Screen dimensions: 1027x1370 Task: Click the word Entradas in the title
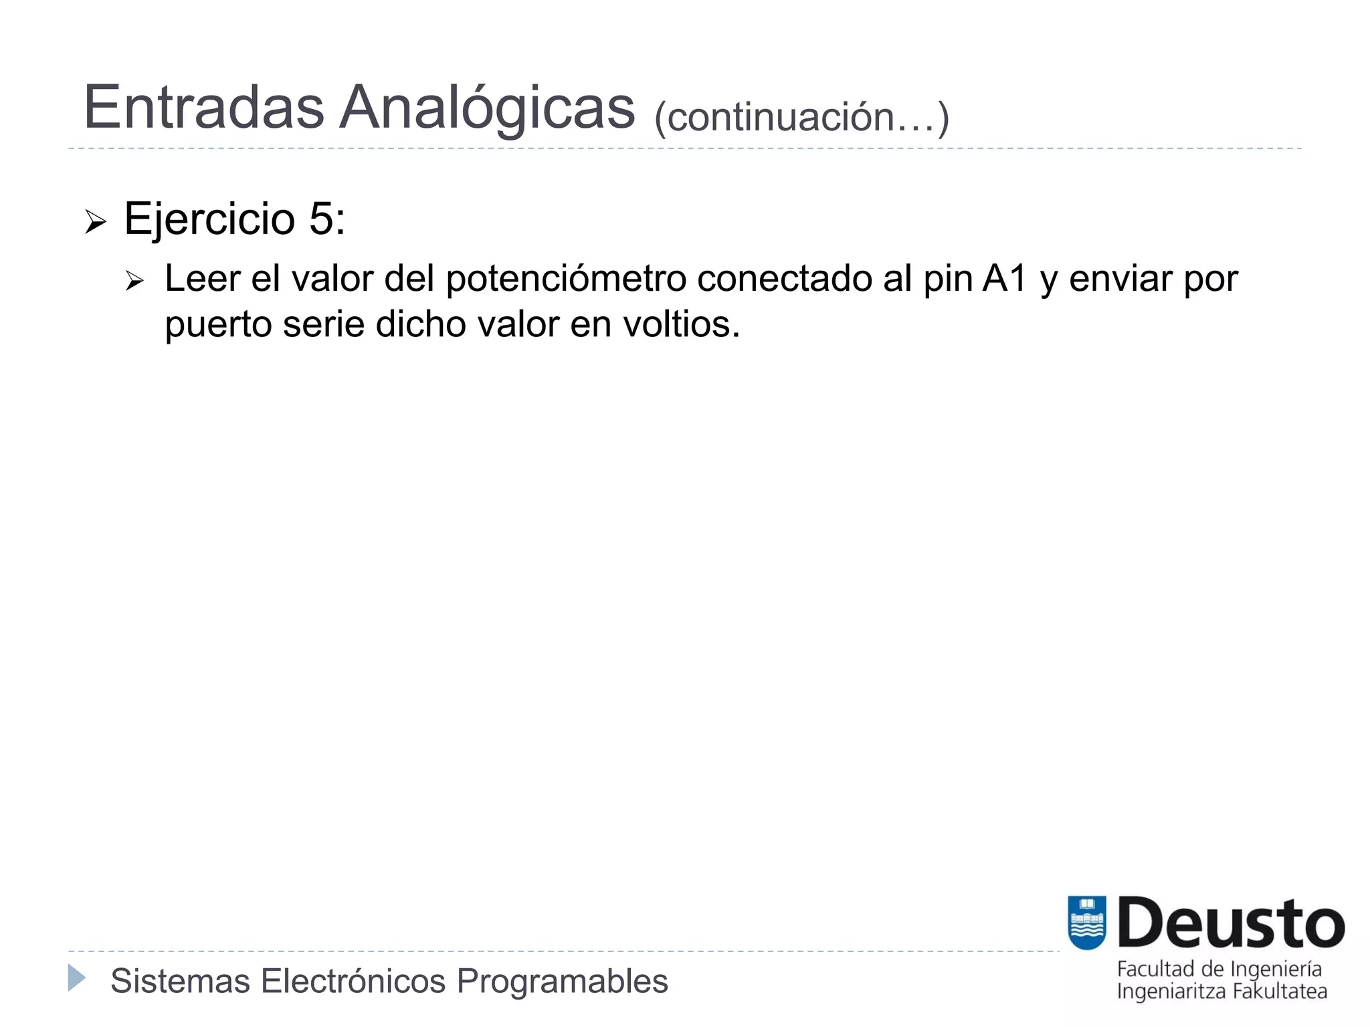pos(204,108)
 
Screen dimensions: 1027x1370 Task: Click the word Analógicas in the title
pos(487,108)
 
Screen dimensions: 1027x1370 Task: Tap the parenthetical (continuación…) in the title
pos(801,118)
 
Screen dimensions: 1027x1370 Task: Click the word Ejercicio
pos(209,219)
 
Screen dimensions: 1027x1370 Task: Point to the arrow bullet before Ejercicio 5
pos(96,221)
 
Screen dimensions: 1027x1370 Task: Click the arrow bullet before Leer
pos(134,281)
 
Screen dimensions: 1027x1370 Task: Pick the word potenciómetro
pos(566,279)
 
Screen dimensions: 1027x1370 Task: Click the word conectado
pos(785,279)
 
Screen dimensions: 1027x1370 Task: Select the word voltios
pos(681,324)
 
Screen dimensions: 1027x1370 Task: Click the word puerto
pos(218,326)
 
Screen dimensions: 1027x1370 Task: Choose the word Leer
pos(202,279)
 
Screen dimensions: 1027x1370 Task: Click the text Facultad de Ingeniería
pos(1219,969)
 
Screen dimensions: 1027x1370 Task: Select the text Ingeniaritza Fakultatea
pos(1221,991)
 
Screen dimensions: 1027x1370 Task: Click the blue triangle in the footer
pos(77,978)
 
